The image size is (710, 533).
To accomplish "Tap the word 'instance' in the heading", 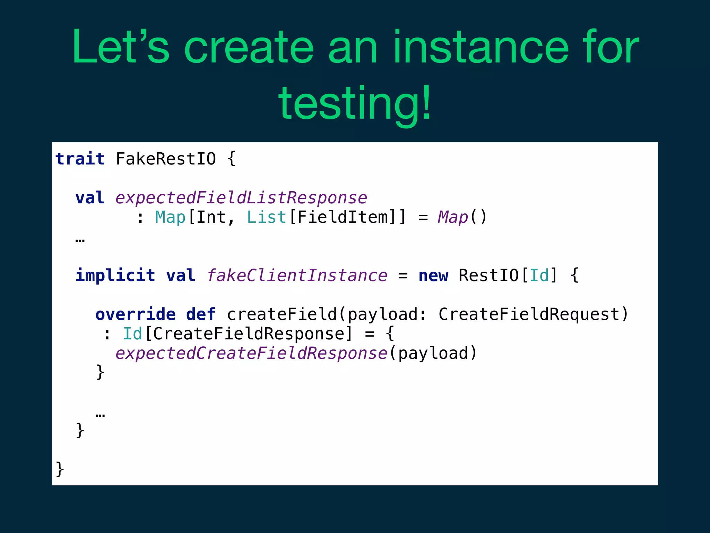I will click(481, 48).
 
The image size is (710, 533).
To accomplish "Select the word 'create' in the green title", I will click(249, 48).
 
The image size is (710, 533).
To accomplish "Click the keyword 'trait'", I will click(80, 159).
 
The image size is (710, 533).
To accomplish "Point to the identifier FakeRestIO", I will click(166, 159).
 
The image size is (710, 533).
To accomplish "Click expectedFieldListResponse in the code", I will click(241, 198).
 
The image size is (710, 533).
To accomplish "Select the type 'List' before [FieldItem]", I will click(266, 217).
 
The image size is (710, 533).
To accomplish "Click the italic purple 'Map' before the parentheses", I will click(453, 217).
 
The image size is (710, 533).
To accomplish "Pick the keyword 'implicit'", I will click(115, 276).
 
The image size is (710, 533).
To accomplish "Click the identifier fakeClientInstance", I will click(297, 276).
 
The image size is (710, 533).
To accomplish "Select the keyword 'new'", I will click(433, 276).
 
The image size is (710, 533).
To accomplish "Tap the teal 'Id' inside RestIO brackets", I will click(539, 276).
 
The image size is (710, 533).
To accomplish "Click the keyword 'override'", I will click(136, 314).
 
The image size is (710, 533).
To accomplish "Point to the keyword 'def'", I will click(201, 314).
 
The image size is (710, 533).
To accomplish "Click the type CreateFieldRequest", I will click(529, 314).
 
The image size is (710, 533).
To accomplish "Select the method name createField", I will click(282, 314).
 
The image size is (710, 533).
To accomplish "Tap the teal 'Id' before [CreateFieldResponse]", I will click(132, 334).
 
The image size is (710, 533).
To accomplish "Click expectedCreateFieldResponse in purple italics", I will click(251, 353).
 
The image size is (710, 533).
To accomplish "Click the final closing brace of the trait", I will click(60, 469).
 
